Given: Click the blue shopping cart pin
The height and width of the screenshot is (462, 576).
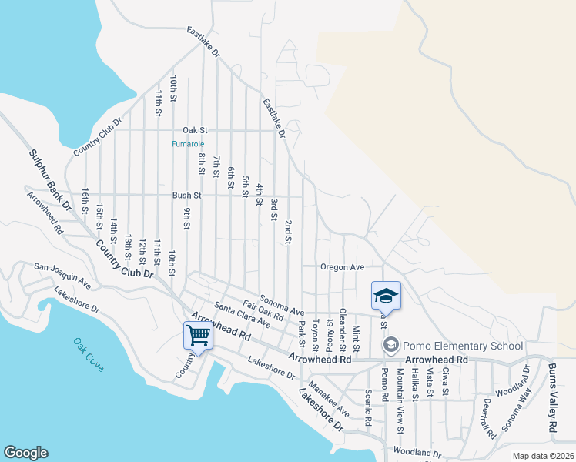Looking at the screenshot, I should click(x=199, y=336).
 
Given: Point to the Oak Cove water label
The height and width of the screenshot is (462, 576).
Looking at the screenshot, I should click(x=89, y=355).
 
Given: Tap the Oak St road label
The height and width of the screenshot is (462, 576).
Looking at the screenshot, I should click(x=195, y=131).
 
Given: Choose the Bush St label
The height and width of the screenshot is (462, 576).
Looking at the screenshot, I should click(x=186, y=196).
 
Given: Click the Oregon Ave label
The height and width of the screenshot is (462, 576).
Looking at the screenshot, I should click(x=343, y=266).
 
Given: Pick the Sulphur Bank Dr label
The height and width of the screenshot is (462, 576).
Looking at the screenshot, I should click(x=50, y=181).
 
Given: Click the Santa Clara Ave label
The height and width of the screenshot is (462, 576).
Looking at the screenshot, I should click(x=242, y=315).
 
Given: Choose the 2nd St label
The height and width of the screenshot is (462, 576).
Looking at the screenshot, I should click(x=287, y=231).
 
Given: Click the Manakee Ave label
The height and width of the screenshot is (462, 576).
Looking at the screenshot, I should click(x=328, y=399).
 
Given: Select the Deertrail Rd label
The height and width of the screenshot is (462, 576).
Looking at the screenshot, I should click(x=486, y=417).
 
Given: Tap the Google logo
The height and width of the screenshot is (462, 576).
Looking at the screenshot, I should click(x=25, y=453).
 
